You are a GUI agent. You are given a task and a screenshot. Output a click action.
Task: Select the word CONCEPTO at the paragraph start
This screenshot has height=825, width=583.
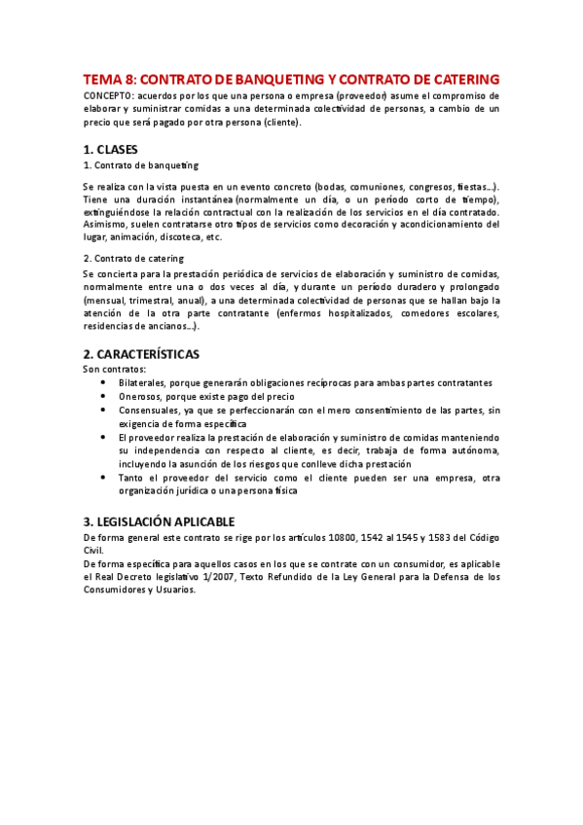(x=108, y=96)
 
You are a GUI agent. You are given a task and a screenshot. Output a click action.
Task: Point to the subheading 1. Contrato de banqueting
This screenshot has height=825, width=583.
(x=140, y=165)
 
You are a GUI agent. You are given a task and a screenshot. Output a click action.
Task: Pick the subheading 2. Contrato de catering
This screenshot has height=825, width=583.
(x=133, y=258)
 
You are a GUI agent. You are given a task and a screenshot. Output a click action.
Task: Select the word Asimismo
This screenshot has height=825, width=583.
(x=105, y=224)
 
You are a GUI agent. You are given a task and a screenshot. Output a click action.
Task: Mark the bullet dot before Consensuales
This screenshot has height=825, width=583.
(x=105, y=410)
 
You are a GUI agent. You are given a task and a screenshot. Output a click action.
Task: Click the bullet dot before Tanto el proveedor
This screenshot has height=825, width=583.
(x=105, y=478)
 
